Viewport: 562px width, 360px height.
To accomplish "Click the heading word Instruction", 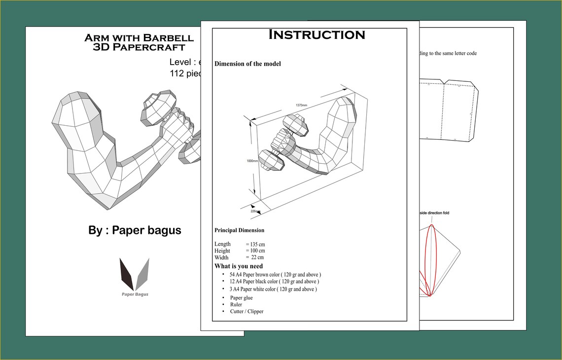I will point(316,35).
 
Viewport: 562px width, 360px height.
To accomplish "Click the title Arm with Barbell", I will point(139,38).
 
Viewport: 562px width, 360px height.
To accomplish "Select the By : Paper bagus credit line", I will point(135,230).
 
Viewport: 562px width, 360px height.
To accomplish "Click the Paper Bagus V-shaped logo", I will point(135,274).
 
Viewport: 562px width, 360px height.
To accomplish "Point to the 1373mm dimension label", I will point(302,105).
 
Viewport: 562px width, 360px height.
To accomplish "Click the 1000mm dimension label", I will point(252,161).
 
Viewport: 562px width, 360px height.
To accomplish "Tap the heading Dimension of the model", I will point(247,64).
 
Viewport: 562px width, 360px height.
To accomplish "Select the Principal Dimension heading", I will point(239,230).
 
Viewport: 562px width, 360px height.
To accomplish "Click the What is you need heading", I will point(239,266).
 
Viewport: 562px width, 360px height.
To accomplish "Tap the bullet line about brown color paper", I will point(275,274).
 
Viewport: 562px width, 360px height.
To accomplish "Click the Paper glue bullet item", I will point(241,298).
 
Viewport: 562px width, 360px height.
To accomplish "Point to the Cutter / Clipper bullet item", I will point(246,312).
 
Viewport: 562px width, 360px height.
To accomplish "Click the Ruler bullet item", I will point(236,305).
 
